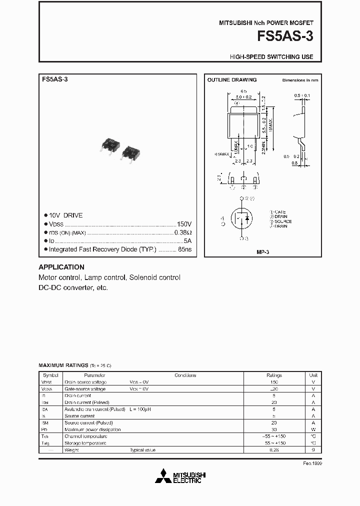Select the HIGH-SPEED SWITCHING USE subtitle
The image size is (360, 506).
tap(271, 57)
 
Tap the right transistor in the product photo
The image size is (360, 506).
tap(130, 152)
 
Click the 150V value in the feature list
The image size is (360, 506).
tap(184, 224)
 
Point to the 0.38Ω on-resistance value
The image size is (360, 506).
tap(183, 232)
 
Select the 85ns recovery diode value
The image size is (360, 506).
tap(185, 249)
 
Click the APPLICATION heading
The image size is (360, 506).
tap(61, 267)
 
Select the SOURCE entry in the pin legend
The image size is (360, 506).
tap(283, 221)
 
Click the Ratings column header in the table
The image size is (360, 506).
tap(274, 375)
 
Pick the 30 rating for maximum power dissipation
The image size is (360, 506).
tap(274, 429)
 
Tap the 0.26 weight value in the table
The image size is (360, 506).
tap(274, 450)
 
